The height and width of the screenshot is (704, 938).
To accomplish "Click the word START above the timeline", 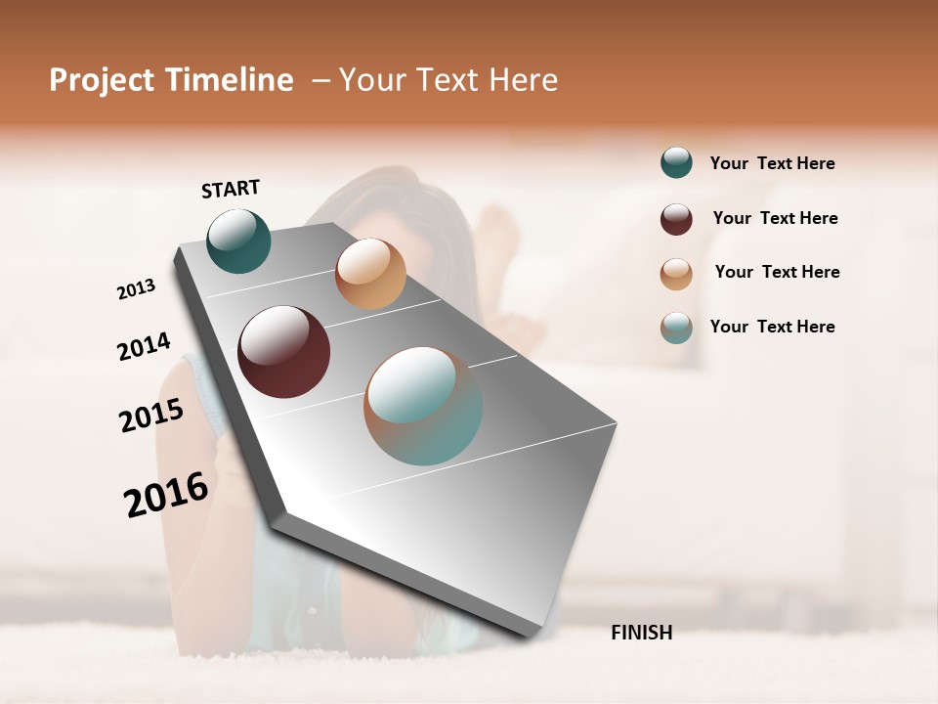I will click(x=231, y=189).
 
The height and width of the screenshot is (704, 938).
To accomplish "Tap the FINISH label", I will click(x=641, y=633).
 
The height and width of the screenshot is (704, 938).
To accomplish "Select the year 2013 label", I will click(x=137, y=289).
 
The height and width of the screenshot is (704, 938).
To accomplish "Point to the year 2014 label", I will click(x=144, y=346).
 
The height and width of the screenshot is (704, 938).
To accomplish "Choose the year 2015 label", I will click(x=151, y=416).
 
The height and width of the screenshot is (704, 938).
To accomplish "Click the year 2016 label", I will click(x=166, y=494).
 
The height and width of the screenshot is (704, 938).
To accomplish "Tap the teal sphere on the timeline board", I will click(x=238, y=241).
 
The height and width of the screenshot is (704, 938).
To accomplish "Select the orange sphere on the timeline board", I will click(x=370, y=274).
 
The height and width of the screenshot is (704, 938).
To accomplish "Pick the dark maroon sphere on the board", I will click(x=283, y=352).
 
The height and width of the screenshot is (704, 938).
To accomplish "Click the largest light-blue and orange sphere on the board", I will click(x=423, y=405).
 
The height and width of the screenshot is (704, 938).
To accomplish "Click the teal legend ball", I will click(x=676, y=163).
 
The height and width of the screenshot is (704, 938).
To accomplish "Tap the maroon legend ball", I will click(x=676, y=219).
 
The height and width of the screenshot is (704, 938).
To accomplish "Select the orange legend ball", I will click(x=676, y=274).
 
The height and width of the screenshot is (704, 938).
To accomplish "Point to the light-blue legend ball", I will click(x=676, y=329).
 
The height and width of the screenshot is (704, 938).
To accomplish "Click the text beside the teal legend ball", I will click(x=772, y=163).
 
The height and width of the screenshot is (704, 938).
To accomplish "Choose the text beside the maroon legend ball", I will click(x=775, y=218).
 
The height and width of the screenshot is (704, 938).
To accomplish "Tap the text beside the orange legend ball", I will click(x=777, y=272).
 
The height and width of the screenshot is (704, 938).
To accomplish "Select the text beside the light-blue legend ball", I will click(x=772, y=327).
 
